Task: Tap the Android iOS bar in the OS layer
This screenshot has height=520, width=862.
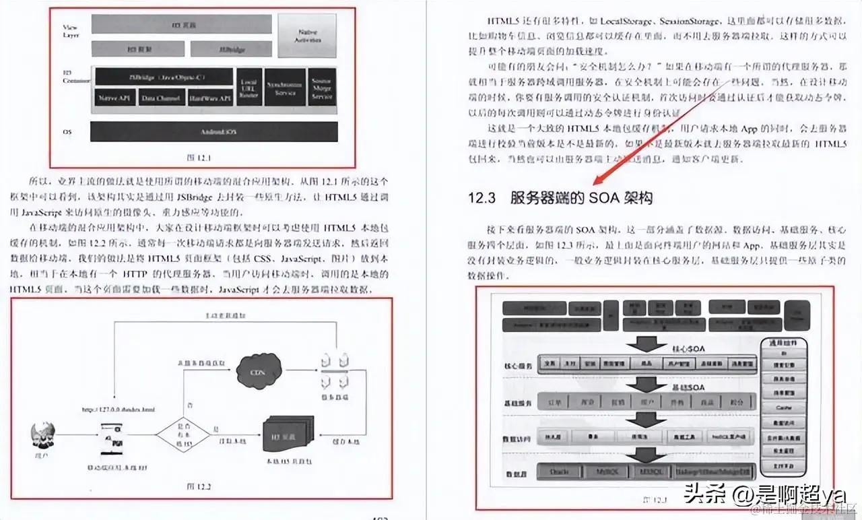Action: pyautogui.click(x=214, y=131)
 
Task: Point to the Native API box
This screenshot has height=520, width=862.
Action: pyautogui.click(x=115, y=98)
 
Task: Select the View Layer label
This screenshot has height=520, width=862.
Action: pyautogui.click(x=71, y=29)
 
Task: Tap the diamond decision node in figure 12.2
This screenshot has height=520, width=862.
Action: pyautogui.click(x=183, y=432)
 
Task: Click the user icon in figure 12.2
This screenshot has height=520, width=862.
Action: pyautogui.click(x=43, y=436)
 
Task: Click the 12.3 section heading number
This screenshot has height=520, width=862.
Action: pyautogui.click(x=482, y=198)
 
